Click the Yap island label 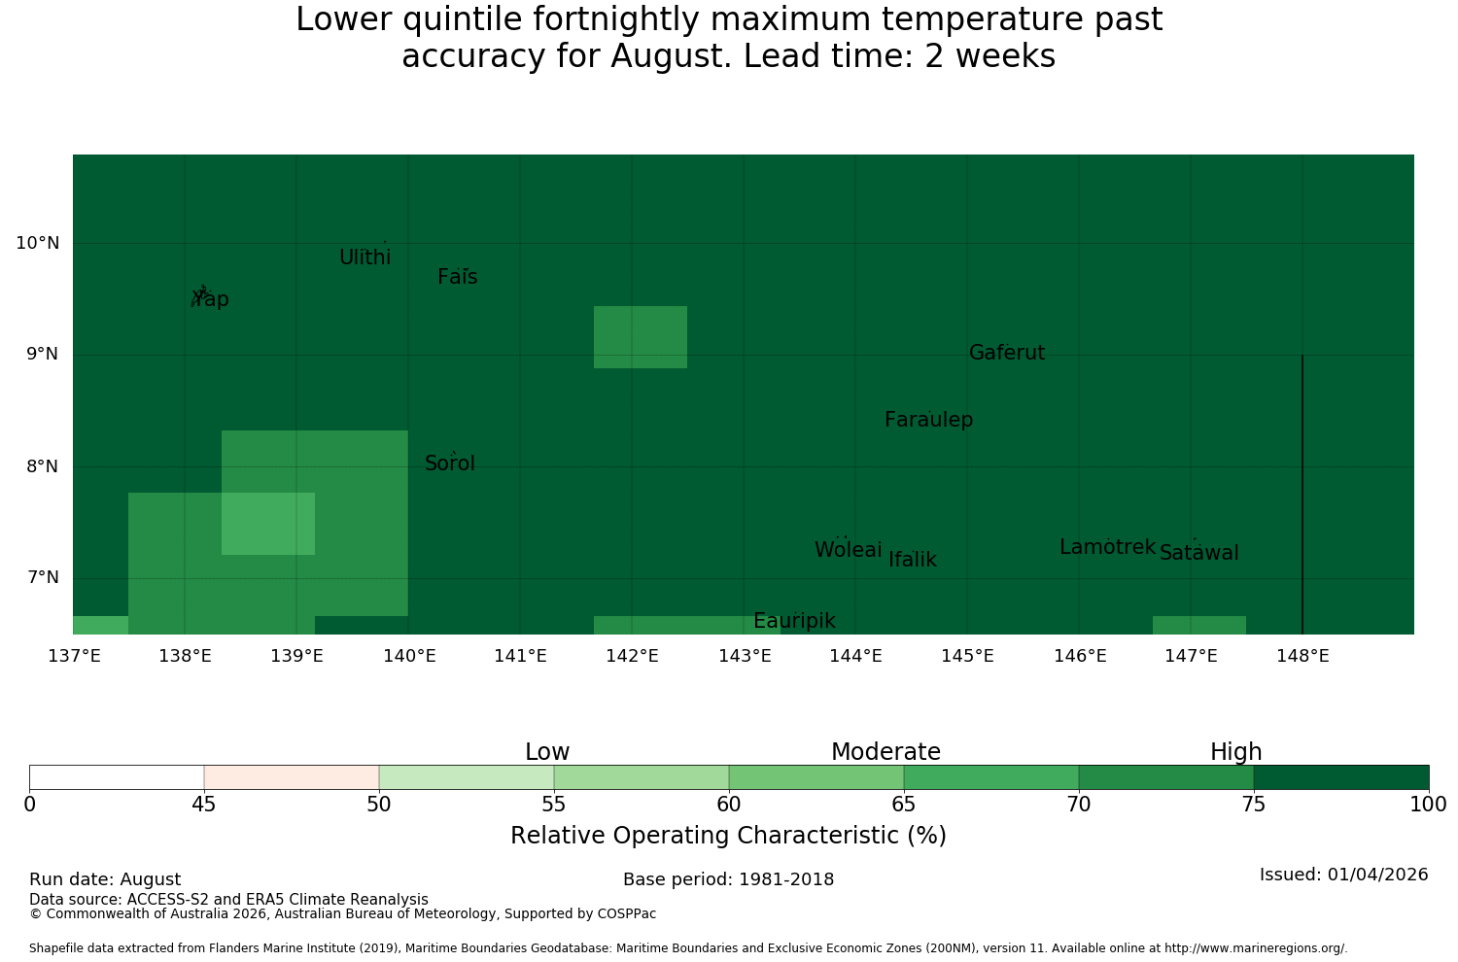(x=211, y=299)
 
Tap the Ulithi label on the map (x=365, y=258)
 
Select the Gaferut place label (x=1007, y=353)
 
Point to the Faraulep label (x=929, y=420)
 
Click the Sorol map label (x=450, y=464)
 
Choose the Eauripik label (x=794, y=621)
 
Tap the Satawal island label (x=1198, y=553)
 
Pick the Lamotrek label (x=1108, y=547)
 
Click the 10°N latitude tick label (x=38, y=243)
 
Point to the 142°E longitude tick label (x=632, y=656)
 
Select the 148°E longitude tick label (x=1302, y=656)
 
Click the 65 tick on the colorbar (x=903, y=806)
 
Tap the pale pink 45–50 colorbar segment (x=292, y=777)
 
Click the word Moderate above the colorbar (x=885, y=752)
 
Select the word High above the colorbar (x=1236, y=752)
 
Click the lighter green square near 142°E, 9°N (x=641, y=337)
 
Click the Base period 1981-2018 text (x=728, y=879)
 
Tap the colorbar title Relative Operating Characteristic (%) (x=728, y=835)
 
